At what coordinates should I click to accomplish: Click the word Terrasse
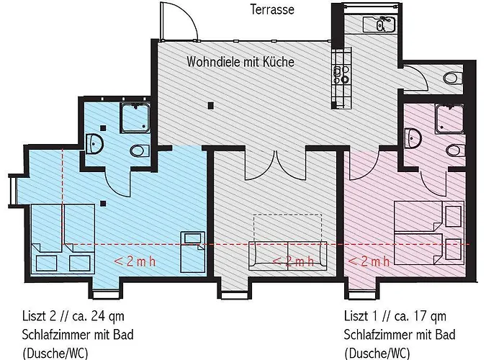[272, 9]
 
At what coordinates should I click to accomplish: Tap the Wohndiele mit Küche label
[240, 61]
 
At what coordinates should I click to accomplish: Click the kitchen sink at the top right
[379, 24]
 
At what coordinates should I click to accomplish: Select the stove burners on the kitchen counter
[341, 74]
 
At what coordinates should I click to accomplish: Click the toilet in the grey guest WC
[453, 78]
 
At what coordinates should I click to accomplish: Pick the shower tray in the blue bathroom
[135, 117]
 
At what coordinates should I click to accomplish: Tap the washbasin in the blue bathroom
[94, 143]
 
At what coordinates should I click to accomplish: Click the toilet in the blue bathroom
[140, 150]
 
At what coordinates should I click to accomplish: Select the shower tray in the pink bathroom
[450, 119]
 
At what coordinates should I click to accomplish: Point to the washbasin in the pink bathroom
[413, 138]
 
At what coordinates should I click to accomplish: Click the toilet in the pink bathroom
[456, 150]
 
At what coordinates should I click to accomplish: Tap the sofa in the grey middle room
[288, 256]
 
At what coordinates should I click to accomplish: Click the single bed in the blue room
[192, 252]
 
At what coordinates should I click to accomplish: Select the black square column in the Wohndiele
[210, 105]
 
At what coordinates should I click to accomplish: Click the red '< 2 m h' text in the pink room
[369, 261]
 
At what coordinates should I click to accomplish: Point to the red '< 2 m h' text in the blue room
[135, 261]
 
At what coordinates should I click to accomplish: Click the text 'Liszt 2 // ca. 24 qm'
[73, 316]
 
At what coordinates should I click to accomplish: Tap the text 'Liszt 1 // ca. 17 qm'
[395, 316]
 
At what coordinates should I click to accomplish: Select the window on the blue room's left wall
[12, 190]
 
